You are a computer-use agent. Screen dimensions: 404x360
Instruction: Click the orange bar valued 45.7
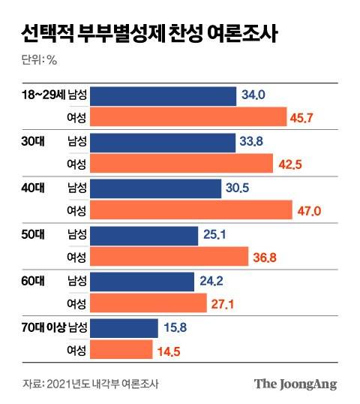(x=188, y=118)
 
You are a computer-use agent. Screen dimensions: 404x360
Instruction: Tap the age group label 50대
(x=34, y=234)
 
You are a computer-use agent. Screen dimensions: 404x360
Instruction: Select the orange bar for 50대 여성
(x=169, y=258)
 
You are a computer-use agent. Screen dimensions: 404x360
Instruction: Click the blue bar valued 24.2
(x=145, y=281)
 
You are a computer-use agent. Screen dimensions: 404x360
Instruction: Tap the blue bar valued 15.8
(x=124, y=327)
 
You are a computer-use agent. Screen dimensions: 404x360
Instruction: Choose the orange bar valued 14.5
(x=121, y=351)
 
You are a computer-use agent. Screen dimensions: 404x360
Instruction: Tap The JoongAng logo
(x=295, y=384)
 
